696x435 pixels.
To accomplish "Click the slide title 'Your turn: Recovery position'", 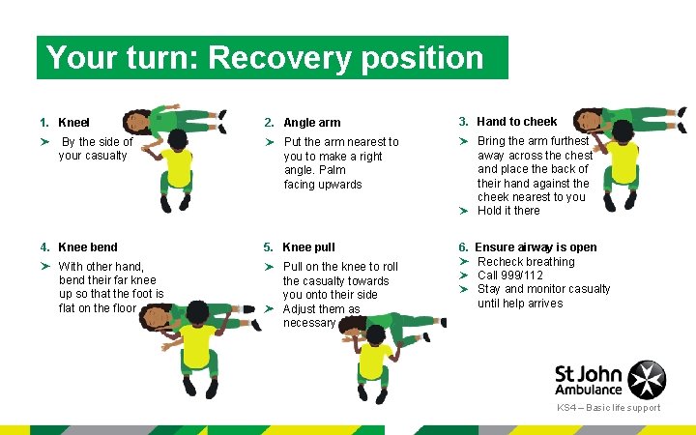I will (265, 58).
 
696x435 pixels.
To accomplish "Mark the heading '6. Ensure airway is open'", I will (528, 247).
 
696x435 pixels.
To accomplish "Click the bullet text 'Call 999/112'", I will (509, 275).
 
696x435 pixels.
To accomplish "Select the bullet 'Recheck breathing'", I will (526, 262).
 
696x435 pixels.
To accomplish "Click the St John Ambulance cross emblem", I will (647, 380).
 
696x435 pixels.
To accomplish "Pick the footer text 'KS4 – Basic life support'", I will (608, 408).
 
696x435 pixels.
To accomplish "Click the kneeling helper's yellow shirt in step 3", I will (622, 161).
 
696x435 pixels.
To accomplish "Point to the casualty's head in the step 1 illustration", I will (137, 122).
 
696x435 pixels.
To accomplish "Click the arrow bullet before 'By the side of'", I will (44, 142).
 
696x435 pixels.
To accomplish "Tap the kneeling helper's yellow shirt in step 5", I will (373, 362).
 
